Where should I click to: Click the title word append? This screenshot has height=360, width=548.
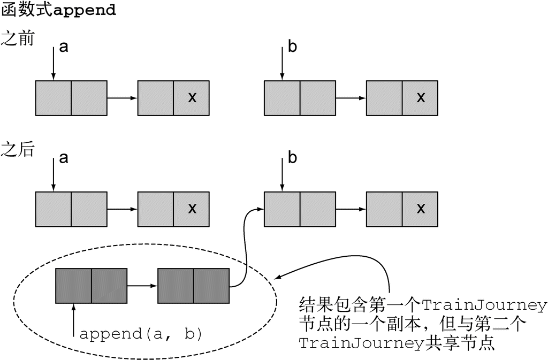pos(86,11)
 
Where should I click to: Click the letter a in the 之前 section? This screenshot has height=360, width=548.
pos(64,48)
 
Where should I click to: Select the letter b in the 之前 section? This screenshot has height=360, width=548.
pos(292,47)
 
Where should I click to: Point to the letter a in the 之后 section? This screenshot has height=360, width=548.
pos(64,158)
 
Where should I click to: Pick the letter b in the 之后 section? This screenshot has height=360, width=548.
pos(292,158)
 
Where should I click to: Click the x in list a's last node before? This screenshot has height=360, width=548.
pos(192,98)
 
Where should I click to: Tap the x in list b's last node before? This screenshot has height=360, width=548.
pos(421,98)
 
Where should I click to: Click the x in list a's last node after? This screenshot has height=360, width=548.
pos(192,209)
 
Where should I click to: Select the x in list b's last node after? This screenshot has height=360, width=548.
pos(421,209)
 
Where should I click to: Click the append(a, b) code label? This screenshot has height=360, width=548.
pos(141,334)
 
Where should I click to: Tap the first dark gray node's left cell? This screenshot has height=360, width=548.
pos(73,286)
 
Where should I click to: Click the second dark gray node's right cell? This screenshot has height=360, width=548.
pos(211,286)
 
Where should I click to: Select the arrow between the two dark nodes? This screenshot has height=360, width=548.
pos(142,286)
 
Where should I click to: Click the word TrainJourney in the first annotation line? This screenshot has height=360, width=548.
pos(484,306)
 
